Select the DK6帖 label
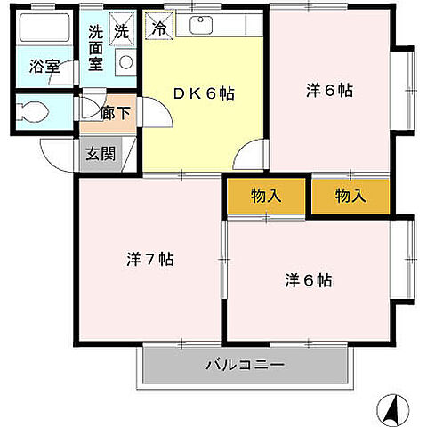point(204,93)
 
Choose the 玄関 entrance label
point(101,153)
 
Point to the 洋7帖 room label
point(149,260)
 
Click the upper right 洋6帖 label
point(330,90)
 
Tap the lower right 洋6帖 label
point(309,280)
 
